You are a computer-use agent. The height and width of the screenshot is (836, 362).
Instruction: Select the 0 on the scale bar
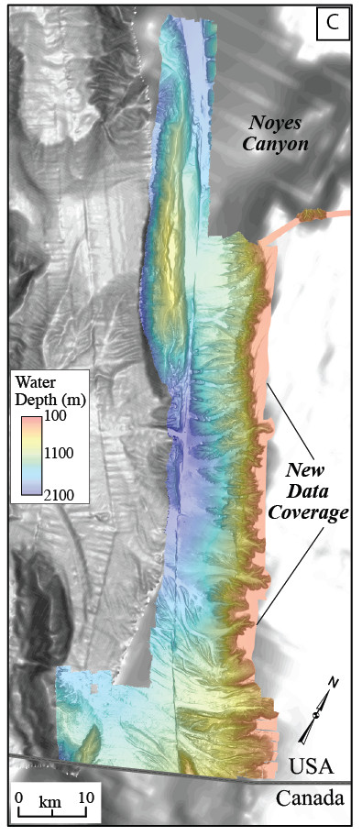[18, 796]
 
